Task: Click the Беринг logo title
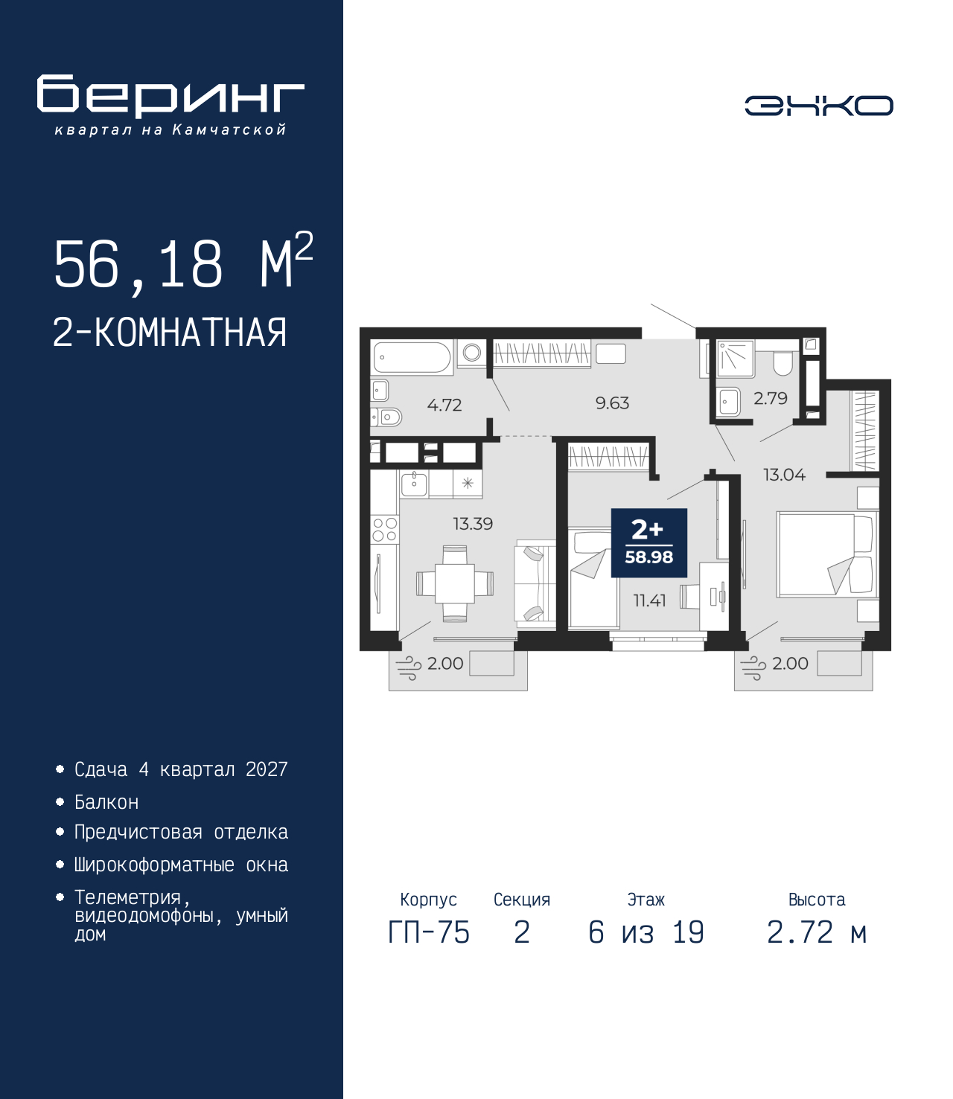pyautogui.click(x=170, y=95)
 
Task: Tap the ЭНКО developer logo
pyautogui.click(x=818, y=105)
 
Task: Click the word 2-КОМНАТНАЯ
pyautogui.click(x=170, y=333)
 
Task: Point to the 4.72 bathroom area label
pyautogui.click(x=444, y=405)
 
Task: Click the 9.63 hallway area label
pyautogui.click(x=612, y=403)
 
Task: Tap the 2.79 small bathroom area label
pyautogui.click(x=770, y=398)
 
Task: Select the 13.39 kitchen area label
pyautogui.click(x=473, y=524)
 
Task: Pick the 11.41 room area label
pyautogui.click(x=650, y=600)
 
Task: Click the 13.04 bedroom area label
pyautogui.click(x=784, y=475)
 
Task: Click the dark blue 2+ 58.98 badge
pyautogui.click(x=648, y=543)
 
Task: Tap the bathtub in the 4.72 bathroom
pyautogui.click(x=412, y=356)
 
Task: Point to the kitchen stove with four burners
pyautogui.click(x=384, y=529)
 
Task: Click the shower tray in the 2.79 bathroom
pyautogui.click(x=736, y=359)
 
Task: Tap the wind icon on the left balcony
pyautogui.click(x=407, y=668)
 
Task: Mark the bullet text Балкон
pyautogui.click(x=106, y=803)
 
